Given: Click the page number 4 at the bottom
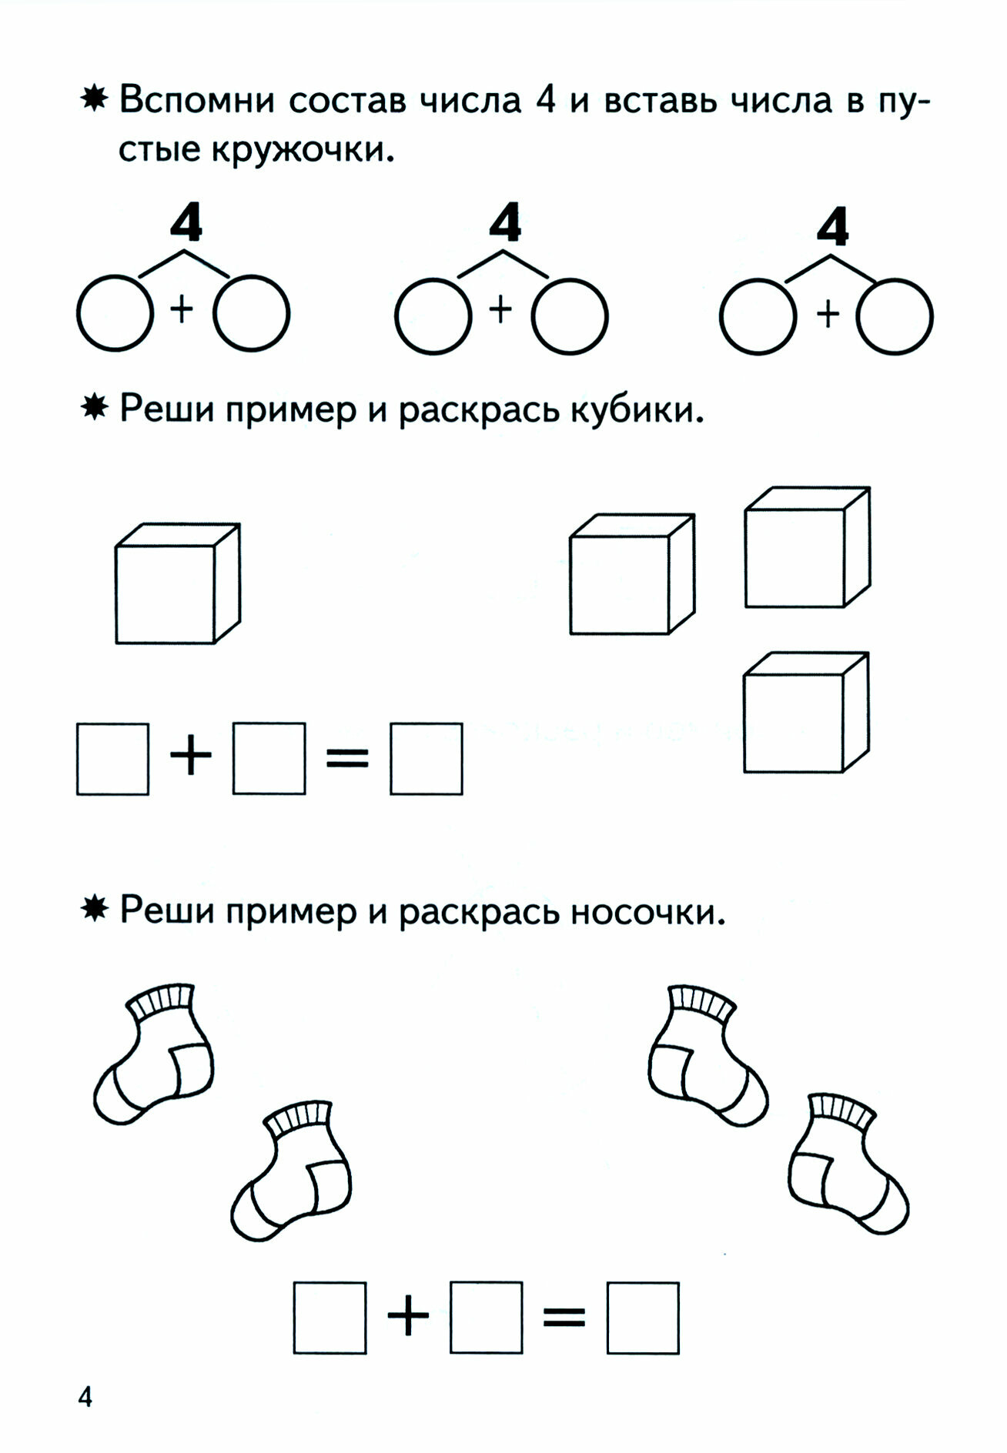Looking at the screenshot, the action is coord(85,1396).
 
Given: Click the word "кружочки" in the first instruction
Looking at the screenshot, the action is coord(303,150).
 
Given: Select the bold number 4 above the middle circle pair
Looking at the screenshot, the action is coord(505,225).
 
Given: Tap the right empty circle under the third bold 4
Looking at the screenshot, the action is coord(895,316).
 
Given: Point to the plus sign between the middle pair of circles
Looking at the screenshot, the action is coord(500,310).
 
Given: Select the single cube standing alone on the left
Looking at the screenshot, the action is coord(177,584).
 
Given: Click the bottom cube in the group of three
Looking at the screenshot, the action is coord(805,712).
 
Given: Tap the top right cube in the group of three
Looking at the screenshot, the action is coord(807,548).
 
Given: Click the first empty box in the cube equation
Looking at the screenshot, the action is coord(112,759).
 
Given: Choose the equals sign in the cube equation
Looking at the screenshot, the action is coord(347,759).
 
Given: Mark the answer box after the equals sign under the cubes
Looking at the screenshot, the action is coord(426,759).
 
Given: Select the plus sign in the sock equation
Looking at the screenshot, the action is coord(408,1317).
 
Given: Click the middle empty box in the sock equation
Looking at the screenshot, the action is coord(486,1317).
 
